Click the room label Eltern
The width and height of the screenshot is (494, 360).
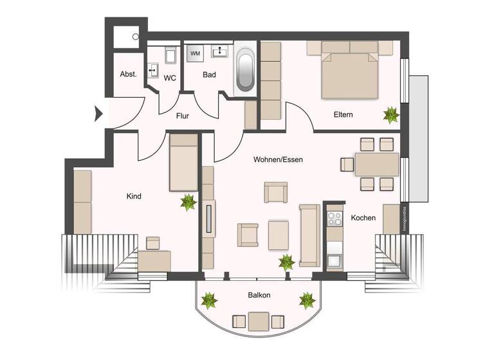pos(343,115)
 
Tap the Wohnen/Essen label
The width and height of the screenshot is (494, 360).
pos(278,159)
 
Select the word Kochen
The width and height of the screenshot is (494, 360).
pos(363,218)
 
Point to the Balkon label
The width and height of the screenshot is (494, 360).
pos(259,295)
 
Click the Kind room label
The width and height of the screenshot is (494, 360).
pos(134,196)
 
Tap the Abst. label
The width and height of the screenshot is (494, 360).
pos(128,75)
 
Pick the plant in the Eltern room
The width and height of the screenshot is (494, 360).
pos(391,115)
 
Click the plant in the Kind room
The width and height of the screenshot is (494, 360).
pos(188,203)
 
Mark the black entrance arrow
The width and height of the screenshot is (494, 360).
pos(98,114)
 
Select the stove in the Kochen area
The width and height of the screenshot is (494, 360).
pos(334,219)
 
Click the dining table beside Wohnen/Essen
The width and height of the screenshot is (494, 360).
pos(376,165)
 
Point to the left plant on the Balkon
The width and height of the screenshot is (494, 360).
pos(209,300)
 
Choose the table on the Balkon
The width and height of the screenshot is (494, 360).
pos(259,321)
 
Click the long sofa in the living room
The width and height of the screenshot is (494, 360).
pos(309,235)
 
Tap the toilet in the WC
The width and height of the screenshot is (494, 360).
pos(170,55)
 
